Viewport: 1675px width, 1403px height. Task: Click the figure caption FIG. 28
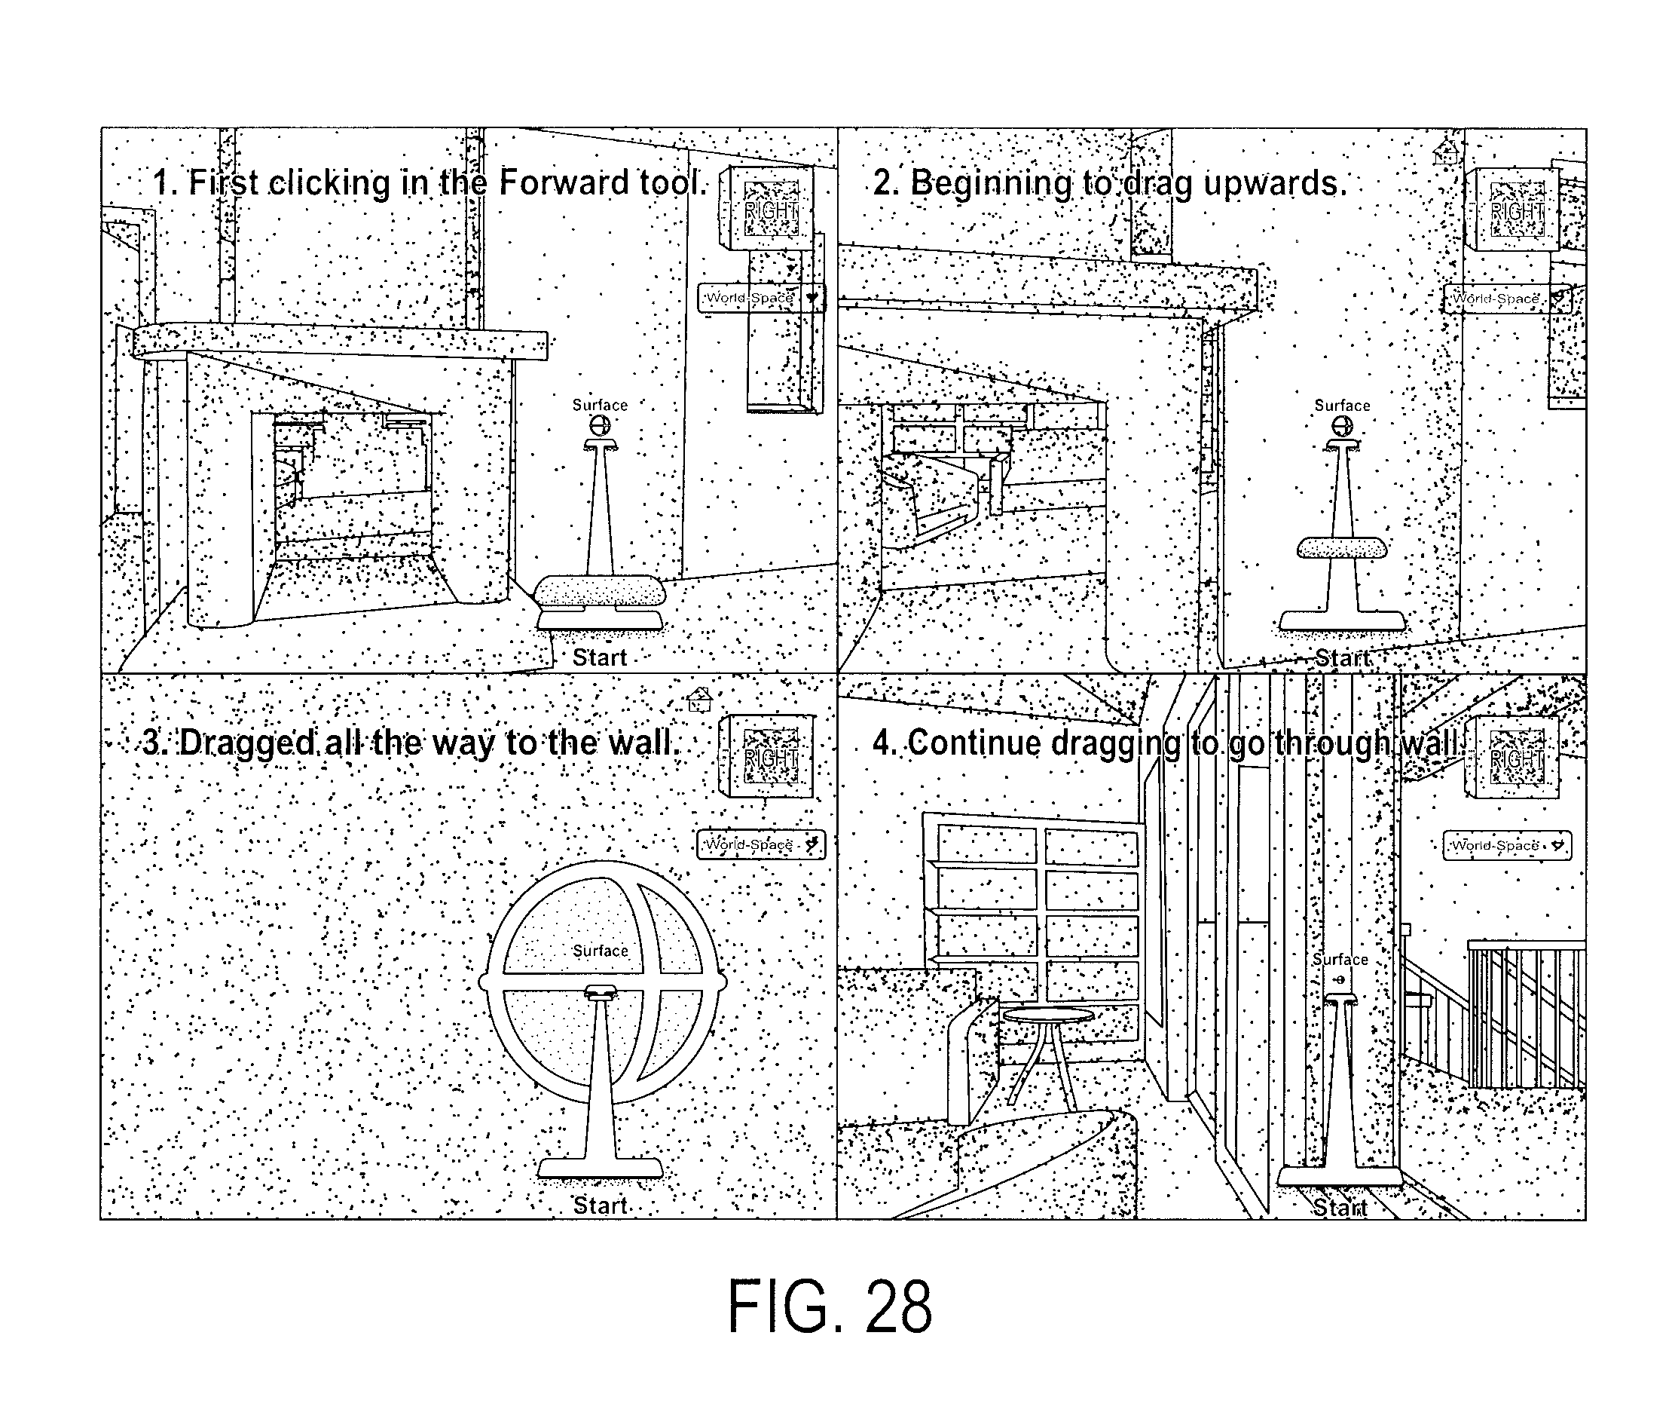pos(830,1307)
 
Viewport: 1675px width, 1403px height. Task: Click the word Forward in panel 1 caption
pos(564,182)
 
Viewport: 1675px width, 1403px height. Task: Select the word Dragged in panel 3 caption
pos(247,744)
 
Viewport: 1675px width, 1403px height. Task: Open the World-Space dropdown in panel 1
pos(761,298)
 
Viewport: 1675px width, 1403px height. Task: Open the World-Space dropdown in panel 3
pos(761,844)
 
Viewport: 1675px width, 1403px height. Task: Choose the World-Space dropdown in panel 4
pos(1507,845)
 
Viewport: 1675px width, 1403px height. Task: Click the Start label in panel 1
pos(600,657)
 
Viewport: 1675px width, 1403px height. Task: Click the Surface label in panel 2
pos(1343,406)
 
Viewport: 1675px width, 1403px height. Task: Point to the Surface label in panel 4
pos(1340,959)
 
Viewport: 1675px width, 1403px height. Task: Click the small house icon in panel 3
pos(699,700)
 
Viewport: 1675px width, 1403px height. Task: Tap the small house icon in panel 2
pos(1446,152)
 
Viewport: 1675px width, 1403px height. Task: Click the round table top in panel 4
pos(1048,1014)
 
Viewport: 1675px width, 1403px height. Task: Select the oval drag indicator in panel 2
pos(1342,547)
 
